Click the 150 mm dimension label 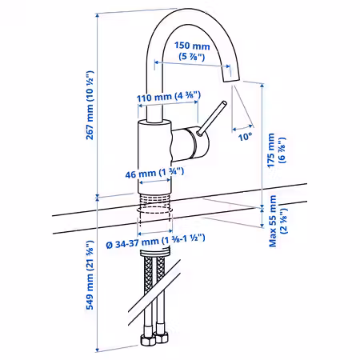pos(192,46)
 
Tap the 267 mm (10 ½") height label pos(90,105)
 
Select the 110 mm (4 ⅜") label pos(169,97)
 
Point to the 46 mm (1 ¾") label pos(154,173)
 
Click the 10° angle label pos(245,137)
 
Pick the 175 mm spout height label pos(271,150)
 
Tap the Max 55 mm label pos(273,221)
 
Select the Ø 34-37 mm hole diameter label pos(155,242)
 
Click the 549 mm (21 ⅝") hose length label pos(90,275)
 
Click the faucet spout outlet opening pos(231,80)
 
